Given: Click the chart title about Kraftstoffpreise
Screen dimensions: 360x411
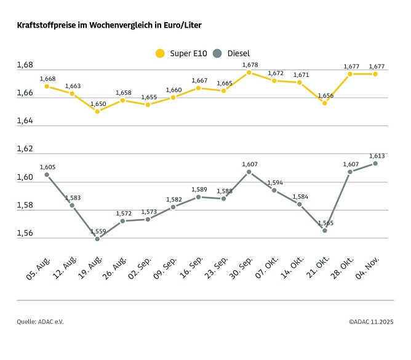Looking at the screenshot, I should coord(109,26).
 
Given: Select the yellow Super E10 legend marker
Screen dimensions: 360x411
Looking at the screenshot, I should coord(161,54).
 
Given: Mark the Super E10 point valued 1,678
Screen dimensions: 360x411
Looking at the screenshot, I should coord(249,73).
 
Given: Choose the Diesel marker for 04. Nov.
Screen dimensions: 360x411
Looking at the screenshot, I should coord(375,164).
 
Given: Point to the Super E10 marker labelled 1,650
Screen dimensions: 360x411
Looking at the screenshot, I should coord(97,111).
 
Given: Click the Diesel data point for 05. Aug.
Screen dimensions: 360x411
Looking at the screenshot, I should coord(47,175).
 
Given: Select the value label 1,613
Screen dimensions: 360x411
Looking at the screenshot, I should coord(377,156).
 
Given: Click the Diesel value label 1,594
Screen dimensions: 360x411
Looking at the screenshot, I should coord(275,182).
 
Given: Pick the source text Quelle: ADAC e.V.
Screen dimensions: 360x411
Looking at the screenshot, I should coord(40,322).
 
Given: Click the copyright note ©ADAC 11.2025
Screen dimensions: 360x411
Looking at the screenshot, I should coord(371,322).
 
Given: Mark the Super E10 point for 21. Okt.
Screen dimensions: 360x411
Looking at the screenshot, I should coord(325,103).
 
